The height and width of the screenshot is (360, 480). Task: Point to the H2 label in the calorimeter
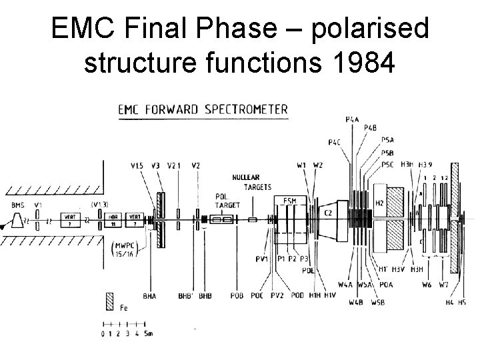[x=379, y=203]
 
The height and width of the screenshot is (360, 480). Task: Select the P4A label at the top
[x=352, y=119]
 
